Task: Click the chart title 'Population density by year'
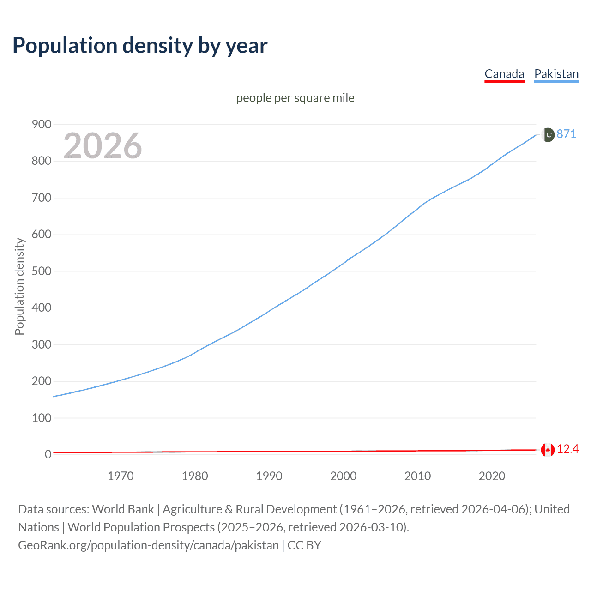[x=140, y=45]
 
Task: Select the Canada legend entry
[x=504, y=74]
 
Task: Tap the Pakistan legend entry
[x=556, y=74]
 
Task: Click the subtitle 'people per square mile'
[x=295, y=98]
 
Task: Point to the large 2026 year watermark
[x=103, y=146]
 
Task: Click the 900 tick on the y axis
[x=42, y=124]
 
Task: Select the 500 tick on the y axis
[x=42, y=271]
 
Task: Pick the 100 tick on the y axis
[x=42, y=418]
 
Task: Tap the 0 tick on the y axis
[x=48, y=454]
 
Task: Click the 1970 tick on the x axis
[x=121, y=476]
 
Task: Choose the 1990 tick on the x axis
[x=269, y=476]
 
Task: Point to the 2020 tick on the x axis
[x=492, y=476]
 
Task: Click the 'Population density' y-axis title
[x=19, y=286]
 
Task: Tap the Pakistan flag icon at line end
[x=548, y=134]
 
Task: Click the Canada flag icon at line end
[x=548, y=449]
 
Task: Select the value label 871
[x=567, y=134]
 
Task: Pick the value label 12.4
[x=568, y=449]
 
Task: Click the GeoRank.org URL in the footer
[x=148, y=545]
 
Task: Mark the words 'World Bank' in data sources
[x=123, y=509]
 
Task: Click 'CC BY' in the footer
[x=304, y=545]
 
